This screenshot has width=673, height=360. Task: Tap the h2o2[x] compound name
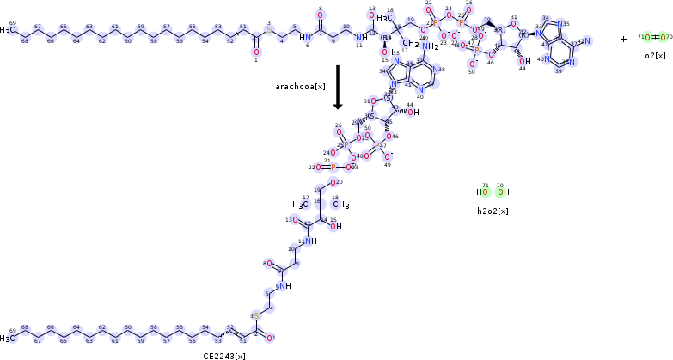[x=493, y=211]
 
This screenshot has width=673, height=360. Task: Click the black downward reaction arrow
[x=338, y=86]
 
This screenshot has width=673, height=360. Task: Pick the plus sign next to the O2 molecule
[x=623, y=39]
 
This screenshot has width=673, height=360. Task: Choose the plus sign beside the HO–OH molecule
[x=462, y=192]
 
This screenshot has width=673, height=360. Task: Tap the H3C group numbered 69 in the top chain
[x=8, y=32]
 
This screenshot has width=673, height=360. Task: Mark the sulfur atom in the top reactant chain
[x=268, y=32]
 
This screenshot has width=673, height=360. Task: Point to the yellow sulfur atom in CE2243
[x=256, y=316]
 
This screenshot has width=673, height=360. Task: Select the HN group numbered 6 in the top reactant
[x=305, y=38]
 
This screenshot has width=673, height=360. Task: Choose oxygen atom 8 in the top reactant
[x=320, y=16]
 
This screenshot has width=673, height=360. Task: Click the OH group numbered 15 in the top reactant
[x=384, y=53]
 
